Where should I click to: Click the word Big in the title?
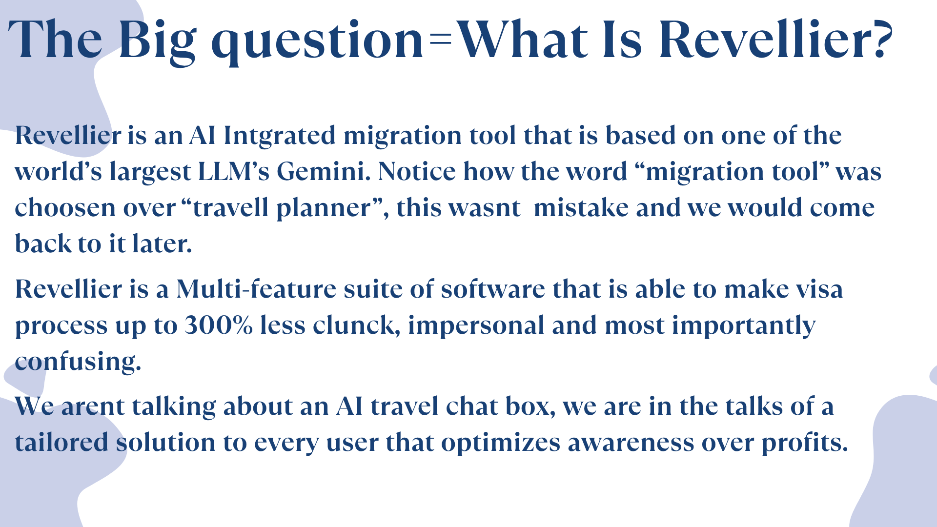point(157,41)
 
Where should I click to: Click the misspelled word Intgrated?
point(280,136)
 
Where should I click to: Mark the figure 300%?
point(219,325)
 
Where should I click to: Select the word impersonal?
point(476,326)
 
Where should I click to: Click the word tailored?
point(61,443)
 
